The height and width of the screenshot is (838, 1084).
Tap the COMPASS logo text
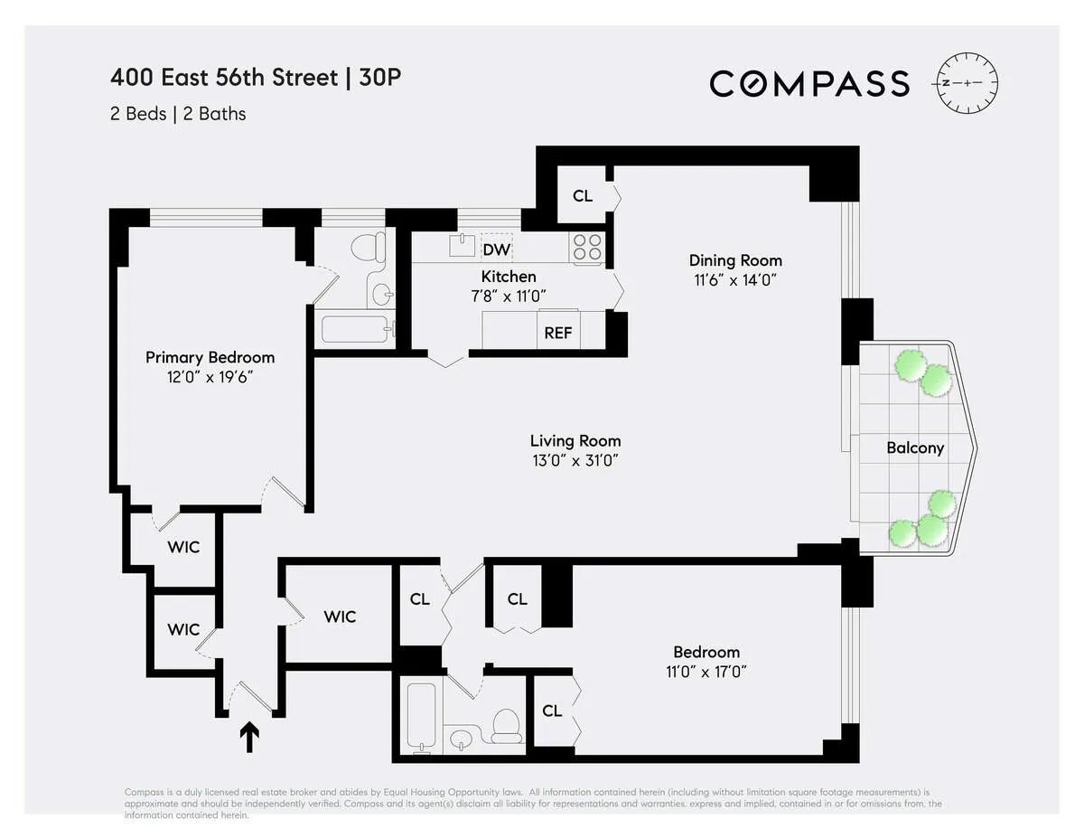808,83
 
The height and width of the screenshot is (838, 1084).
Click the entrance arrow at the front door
249,736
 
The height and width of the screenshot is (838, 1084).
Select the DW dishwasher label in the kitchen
495,250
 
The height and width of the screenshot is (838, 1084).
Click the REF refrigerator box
558,332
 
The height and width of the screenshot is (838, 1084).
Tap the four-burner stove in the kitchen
587,247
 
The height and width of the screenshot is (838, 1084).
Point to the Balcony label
914,447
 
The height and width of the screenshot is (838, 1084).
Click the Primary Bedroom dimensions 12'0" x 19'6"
210,377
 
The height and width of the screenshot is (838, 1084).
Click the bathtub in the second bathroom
421,716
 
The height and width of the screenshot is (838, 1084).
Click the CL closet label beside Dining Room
583,195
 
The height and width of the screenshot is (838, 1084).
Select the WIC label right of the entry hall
340,617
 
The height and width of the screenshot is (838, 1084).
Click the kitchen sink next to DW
462,245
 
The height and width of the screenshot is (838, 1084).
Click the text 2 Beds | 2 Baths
178,114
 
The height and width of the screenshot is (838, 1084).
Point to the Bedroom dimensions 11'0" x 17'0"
706,672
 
